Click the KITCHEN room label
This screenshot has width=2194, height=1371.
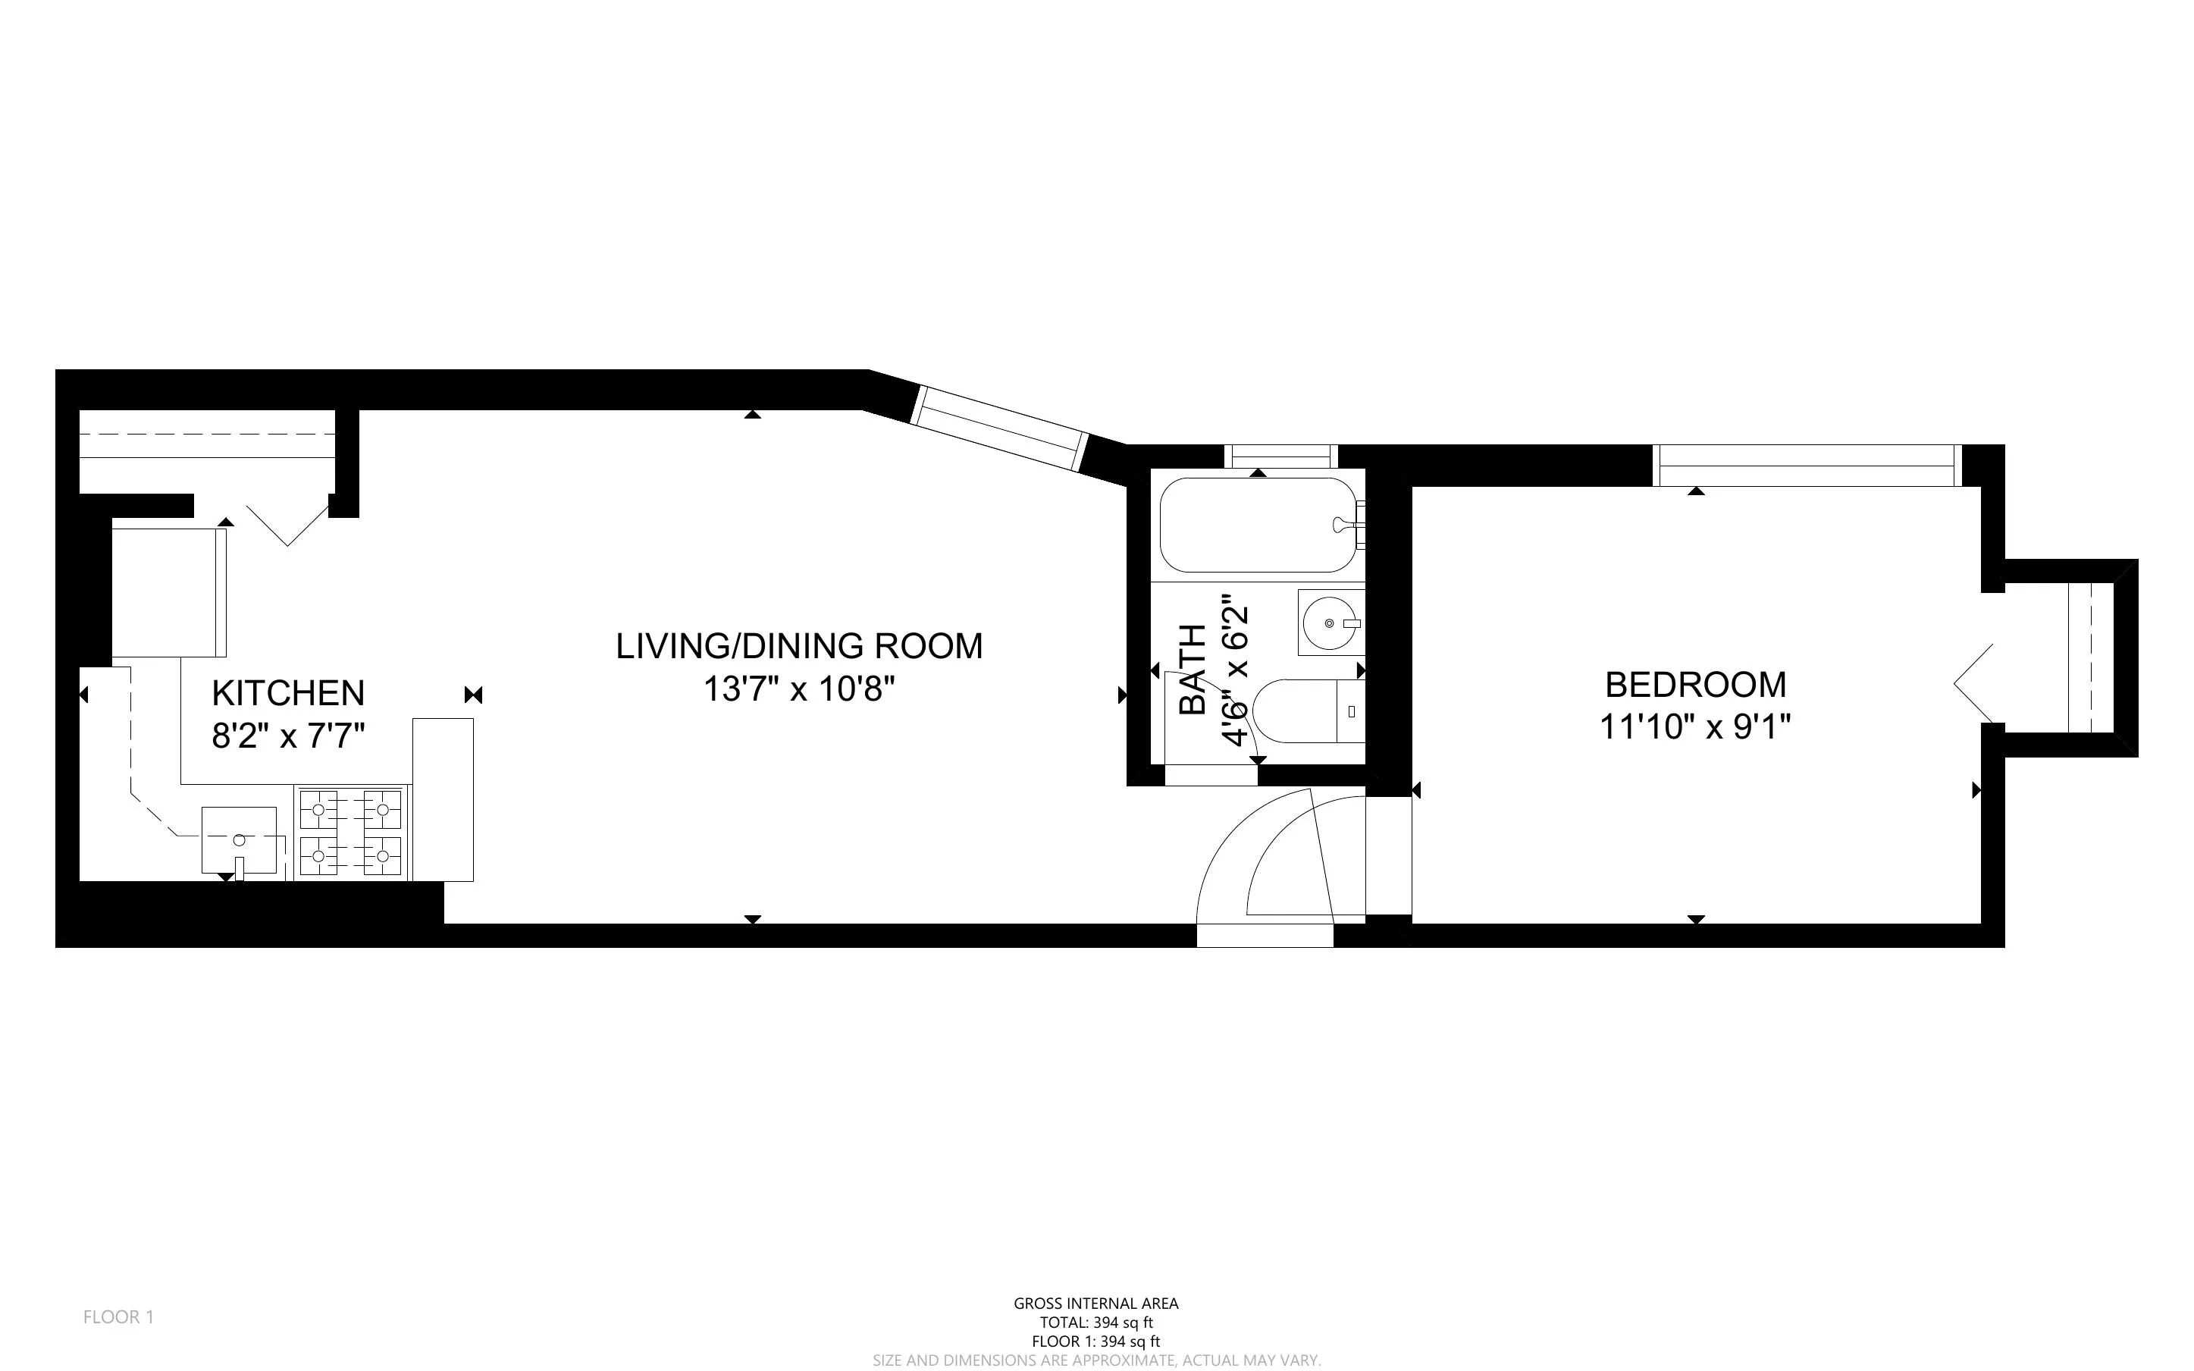[287, 693]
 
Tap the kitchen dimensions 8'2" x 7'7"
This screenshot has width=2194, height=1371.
[287, 736]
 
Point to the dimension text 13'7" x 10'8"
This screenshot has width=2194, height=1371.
[798, 689]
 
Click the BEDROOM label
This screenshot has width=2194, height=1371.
[1694, 685]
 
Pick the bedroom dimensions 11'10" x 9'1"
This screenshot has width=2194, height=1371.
[1694, 727]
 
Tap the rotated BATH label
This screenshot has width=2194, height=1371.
[1193, 670]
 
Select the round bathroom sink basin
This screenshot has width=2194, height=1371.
[1330, 623]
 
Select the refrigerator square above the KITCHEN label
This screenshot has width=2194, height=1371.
[168, 592]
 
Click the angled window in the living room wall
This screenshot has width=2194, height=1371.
[998, 429]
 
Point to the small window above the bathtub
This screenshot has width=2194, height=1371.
[1280, 455]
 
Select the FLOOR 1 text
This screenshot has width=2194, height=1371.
[119, 1316]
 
